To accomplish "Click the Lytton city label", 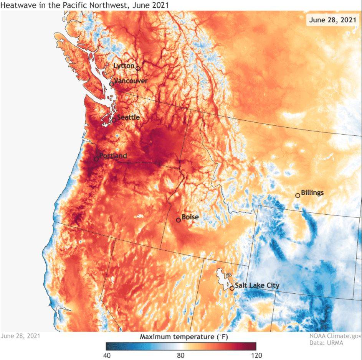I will [x=124, y=66].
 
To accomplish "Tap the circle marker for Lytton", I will [x=138, y=69].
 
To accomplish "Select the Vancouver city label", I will [x=131, y=81].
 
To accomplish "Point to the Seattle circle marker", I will [x=114, y=120].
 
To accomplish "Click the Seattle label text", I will [x=128, y=117].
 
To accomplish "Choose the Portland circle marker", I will [x=96, y=159].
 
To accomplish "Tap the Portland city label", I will [x=113, y=156].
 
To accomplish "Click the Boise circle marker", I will [x=178, y=220].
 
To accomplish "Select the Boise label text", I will [x=190, y=217].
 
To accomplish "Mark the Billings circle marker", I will [x=298, y=196].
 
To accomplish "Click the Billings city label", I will [x=312, y=192].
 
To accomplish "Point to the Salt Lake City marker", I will [x=232, y=288].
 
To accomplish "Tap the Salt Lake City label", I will [x=257, y=285].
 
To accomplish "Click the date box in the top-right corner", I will [x=332, y=20].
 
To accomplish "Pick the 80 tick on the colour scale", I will [x=181, y=355].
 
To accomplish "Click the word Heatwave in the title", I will [x=15, y=5].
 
